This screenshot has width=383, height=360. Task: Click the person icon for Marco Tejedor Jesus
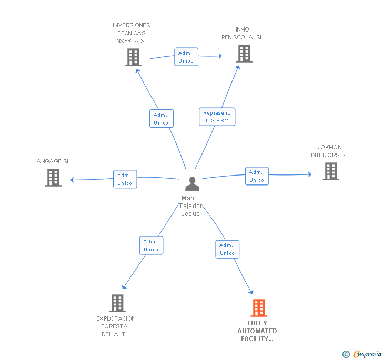click(192, 184)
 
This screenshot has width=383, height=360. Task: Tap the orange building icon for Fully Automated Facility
click(259, 308)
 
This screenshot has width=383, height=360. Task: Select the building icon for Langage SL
click(53, 178)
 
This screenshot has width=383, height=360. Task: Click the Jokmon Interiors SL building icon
click(330, 171)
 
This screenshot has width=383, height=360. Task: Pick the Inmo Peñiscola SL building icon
click(244, 54)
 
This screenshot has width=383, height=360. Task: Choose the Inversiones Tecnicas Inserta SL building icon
click(133, 57)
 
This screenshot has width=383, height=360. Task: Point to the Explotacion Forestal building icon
click(117, 303)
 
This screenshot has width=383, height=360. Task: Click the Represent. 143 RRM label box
click(217, 117)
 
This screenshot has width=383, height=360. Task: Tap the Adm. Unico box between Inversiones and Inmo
click(186, 57)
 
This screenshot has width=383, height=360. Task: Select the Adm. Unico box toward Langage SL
click(125, 179)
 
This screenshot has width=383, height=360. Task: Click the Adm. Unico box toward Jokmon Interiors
click(257, 176)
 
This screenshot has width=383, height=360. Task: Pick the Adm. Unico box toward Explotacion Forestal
click(151, 245)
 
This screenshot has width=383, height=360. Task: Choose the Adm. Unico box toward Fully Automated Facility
click(227, 249)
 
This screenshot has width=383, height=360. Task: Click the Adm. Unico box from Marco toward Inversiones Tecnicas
click(161, 119)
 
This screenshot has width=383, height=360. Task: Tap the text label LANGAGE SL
click(52, 161)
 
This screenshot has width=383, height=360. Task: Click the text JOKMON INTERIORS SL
click(330, 151)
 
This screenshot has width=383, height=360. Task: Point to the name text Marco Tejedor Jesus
click(190, 206)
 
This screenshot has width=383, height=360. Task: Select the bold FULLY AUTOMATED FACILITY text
click(257, 331)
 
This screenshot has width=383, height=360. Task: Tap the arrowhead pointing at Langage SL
click(73, 180)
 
